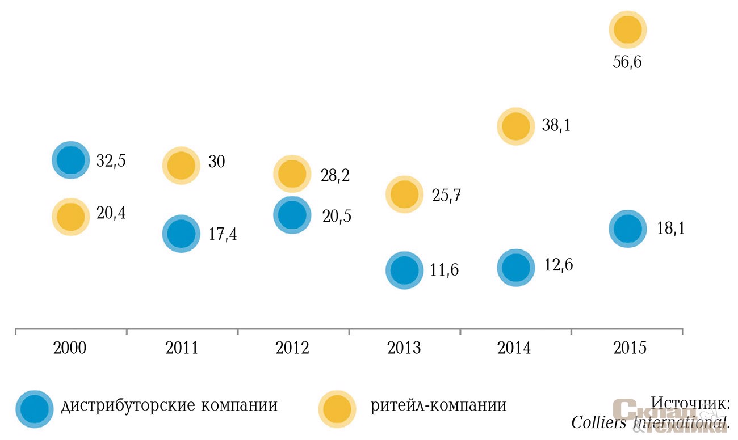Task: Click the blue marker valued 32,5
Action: pyautogui.click(x=70, y=160)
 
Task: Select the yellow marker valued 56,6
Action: pyautogui.click(x=627, y=29)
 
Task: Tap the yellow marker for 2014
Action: pyautogui.click(x=516, y=126)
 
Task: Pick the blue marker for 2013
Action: pyautogui.click(x=404, y=270)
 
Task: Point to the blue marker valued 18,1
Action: pyautogui.click(x=627, y=229)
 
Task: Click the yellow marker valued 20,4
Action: pyautogui.click(x=70, y=216)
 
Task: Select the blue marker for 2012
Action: pyautogui.click(x=292, y=215)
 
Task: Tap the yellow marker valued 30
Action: pyautogui.click(x=181, y=165)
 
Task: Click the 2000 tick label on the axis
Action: pyautogui.click(x=70, y=347)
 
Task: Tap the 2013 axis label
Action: pyautogui.click(x=404, y=347)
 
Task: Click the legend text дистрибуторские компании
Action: pyautogui.click(x=169, y=406)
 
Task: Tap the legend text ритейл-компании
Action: pyautogui.click(x=438, y=406)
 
